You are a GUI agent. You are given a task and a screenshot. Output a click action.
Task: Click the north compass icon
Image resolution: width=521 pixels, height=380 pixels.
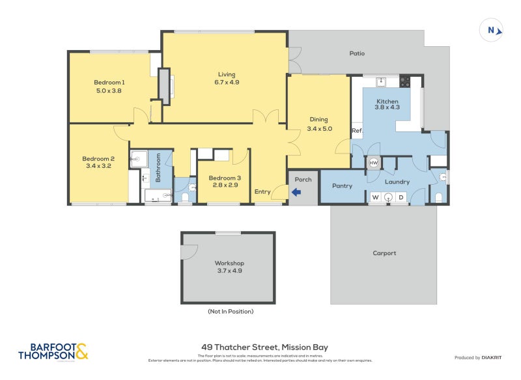[x=492, y=30]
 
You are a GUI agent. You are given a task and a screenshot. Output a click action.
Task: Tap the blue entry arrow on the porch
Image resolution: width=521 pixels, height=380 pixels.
[x=296, y=192]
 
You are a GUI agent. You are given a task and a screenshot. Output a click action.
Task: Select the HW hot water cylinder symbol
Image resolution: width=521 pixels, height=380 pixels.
[x=374, y=163]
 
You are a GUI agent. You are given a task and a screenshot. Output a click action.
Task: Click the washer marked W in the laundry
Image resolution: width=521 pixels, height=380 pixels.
[x=375, y=197]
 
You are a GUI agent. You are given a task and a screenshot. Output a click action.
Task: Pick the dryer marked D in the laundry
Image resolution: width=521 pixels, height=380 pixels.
[x=401, y=197]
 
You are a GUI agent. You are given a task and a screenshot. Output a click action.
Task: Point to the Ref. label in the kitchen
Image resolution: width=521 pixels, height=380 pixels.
[x=356, y=131]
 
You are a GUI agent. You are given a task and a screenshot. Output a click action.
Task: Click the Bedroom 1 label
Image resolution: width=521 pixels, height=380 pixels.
[x=109, y=82]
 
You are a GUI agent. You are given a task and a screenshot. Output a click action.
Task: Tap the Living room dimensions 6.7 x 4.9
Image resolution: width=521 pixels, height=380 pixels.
[x=227, y=83]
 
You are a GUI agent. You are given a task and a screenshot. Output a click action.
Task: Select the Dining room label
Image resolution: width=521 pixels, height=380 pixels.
[x=318, y=120]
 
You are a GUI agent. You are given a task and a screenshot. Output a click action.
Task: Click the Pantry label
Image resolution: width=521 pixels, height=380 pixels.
[x=342, y=186]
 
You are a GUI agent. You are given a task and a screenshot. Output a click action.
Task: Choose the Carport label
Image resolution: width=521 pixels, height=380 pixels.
[x=384, y=253]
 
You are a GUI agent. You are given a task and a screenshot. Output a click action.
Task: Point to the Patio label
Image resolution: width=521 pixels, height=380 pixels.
[x=356, y=54]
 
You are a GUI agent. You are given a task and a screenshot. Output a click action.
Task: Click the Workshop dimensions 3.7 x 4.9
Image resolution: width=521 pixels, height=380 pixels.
[x=228, y=271]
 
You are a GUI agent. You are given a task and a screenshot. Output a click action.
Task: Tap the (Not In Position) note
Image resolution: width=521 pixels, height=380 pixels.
[x=231, y=312]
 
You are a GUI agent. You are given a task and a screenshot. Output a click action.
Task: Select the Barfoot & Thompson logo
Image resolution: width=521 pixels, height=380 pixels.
[x=53, y=352]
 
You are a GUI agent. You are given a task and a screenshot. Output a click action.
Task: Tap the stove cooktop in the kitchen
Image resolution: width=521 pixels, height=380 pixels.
[x=404, y=82]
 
